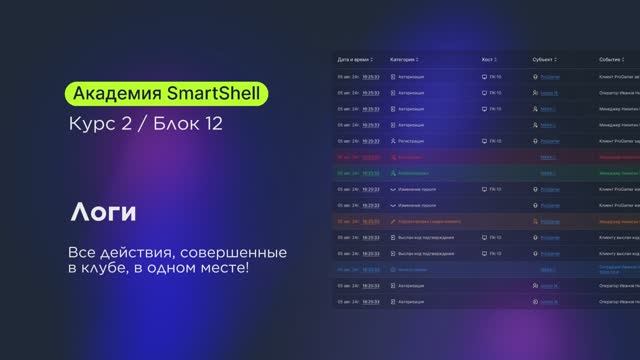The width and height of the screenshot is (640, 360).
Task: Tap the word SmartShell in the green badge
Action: pyautogui.click(x=213, y=95)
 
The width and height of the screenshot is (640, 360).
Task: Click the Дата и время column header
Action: pyautogui.click(x=356, y=59)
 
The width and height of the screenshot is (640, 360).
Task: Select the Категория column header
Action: pyautogui.click(x=408, y=59)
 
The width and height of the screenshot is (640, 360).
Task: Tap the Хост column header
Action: pyautogui.click(x=488, y=59)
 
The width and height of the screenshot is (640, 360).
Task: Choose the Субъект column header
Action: pyautogui.click(x=546, y=59)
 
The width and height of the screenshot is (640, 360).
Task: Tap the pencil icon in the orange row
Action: pyautogui.click(x=393, y=221)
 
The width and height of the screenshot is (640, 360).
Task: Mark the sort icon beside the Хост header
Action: pyautogui.click(x=499, y=59)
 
